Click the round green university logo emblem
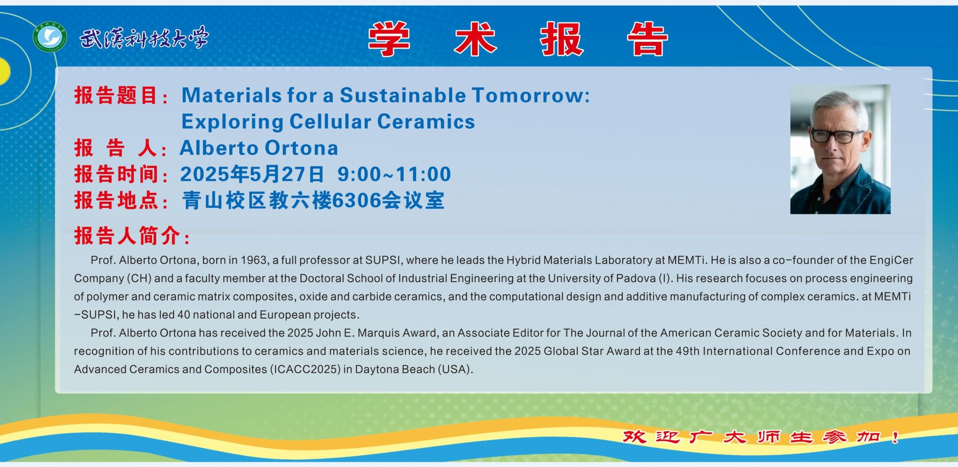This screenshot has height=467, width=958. pos(50,37)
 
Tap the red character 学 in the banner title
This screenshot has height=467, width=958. pos(389,39)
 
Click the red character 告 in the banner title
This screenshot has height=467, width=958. pos(648,39)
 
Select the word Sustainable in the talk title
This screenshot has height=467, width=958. pos(403,95)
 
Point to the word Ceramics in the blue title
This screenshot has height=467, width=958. pos(426,122)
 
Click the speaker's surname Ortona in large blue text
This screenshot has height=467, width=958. pos(298,148)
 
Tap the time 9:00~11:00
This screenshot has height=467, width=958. pos(394,174)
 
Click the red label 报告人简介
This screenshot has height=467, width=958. pos(127,236)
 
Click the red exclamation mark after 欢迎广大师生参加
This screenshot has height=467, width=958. pos(895,437)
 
